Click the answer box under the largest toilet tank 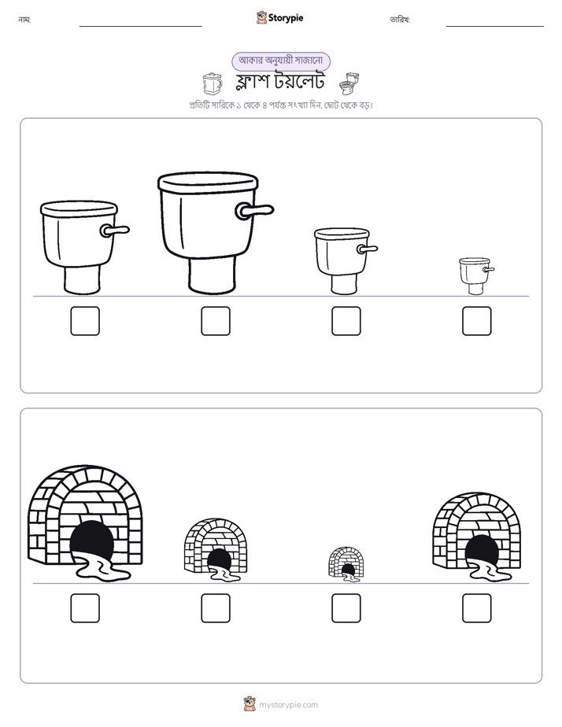[216, 321]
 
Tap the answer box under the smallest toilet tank [477, 321]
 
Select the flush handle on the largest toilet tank [254, 211]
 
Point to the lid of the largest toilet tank [208, 182]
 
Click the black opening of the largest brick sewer [92, 541]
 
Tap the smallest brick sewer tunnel [346, 564]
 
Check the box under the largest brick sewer [85, 608]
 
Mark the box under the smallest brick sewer [346, 608]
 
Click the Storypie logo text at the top [286, 17]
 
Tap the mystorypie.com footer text [288, 705]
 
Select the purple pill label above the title [281, 61]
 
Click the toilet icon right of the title [349, 83]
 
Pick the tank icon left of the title [213, 83]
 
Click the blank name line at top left [140, 27]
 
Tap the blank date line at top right [495, 27]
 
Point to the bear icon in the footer [250, 704]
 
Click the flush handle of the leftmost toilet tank [114, 230]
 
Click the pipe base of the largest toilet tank [211, 275]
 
